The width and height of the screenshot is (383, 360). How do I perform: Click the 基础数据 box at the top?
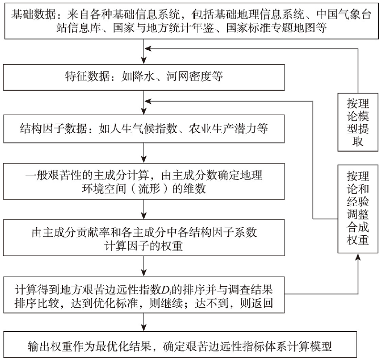pyautogui.click(x=191, y=21)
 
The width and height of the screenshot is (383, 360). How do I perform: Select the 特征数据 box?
pyautogui.click(x=144, y=77)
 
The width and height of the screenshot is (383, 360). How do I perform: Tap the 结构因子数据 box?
pyautogui.click(x=144, y=129)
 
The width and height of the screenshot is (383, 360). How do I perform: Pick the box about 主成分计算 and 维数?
pyautogui.click(x=144, y=182)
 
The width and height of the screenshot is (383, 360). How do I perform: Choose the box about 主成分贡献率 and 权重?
pyautogui.click(x=144, y=238)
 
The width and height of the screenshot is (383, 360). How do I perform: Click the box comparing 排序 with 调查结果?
pyautogui.click(x=144, y=295)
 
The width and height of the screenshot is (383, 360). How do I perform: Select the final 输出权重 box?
pyautogui.click(x=180, y=345)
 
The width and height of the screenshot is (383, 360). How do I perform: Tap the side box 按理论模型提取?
pyautogui.click(x=358, y=122)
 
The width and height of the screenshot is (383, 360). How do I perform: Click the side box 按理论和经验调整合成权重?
pyautogui.click(x=358, y=209)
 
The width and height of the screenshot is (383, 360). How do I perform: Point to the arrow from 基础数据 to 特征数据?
pyautogui.click(x=144, y=52)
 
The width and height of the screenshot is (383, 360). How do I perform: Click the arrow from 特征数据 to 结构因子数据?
pyautogui.click(x=144, y=103)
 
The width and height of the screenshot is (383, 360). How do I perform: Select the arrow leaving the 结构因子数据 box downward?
pyautogui.click(x=144, y=153)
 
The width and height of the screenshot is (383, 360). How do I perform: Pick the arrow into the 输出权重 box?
pyautogui.click(x=144, y=322)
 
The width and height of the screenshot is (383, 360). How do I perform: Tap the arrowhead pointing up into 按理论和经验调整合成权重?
pyautogui.click(x=358, y=257)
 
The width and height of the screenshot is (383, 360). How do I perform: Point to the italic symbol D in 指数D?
pyautogui.click(x=165, y=290)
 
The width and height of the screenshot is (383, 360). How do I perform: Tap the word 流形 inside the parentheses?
pyautogui.click(x=149, y=188)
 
